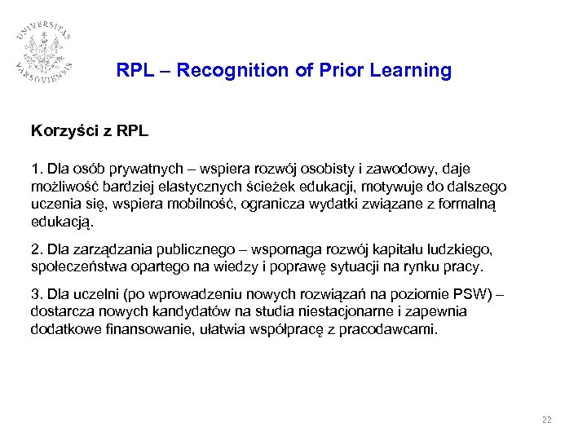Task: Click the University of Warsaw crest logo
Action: coord(46,51)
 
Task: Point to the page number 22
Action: coord(546,420)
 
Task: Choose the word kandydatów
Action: coord(171,311)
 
